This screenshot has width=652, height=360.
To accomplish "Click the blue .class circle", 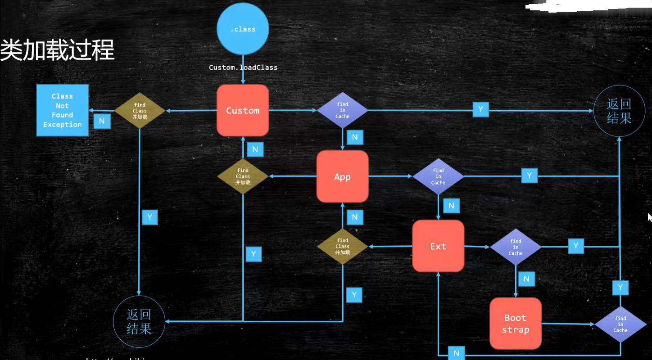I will point(243,29).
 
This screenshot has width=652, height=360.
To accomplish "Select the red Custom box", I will point(243,110).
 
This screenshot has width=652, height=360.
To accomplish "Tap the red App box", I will point(342,176).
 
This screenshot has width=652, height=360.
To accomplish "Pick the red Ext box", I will point(438,246).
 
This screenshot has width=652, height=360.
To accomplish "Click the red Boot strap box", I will point(516,324).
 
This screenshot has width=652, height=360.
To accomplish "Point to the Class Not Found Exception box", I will point(62,110).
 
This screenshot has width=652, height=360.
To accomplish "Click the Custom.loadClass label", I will point(243,67).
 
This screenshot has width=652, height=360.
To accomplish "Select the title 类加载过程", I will point(57,49).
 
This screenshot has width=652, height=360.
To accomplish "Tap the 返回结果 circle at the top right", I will point(619,111).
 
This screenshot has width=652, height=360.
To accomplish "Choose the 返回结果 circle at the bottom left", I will point(139,321).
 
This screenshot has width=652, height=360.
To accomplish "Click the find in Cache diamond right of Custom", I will point(342,110).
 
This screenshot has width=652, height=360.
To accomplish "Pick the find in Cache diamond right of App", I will point(438,176).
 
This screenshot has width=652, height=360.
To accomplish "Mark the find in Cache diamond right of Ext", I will point(516,247).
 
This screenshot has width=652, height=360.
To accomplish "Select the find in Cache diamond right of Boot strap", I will point(620,324).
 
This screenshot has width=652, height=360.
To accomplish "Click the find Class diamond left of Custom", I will point(140,111).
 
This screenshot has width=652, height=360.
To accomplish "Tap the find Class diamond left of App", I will point(243,176).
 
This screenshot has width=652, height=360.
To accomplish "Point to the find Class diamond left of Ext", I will point(342,246).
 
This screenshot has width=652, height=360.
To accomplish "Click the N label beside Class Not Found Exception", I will point(102,121).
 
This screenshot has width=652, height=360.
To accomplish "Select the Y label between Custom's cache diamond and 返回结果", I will point(480,109).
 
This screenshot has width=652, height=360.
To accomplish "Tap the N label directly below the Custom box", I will point(255,149).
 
